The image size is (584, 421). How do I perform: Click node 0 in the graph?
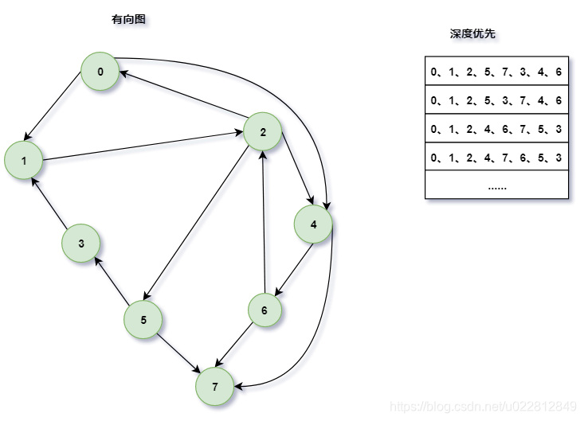[x=100, y=72]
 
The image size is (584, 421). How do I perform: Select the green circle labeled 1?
[x=24, y=161]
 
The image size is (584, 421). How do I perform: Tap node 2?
[x=263, y=132]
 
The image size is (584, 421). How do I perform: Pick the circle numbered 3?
[x=81, y=244]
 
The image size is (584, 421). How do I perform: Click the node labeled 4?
[x=314, y=224]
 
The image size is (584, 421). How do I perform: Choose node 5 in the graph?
[x=143, y=320]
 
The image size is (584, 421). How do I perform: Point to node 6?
[x=265, y=310]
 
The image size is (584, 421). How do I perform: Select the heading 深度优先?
[x=473, y=34]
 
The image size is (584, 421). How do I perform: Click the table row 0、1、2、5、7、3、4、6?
[x=496, y=72]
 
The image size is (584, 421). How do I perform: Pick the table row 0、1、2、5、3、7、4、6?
[x=496, y=100]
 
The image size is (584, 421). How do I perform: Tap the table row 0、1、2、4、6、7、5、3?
[x=496, y=129]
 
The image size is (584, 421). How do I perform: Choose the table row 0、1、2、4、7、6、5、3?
[x=496, y=158]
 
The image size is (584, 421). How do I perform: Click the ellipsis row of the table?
[x=496, y=185]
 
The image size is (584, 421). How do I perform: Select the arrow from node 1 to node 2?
[x=143, y=146]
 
